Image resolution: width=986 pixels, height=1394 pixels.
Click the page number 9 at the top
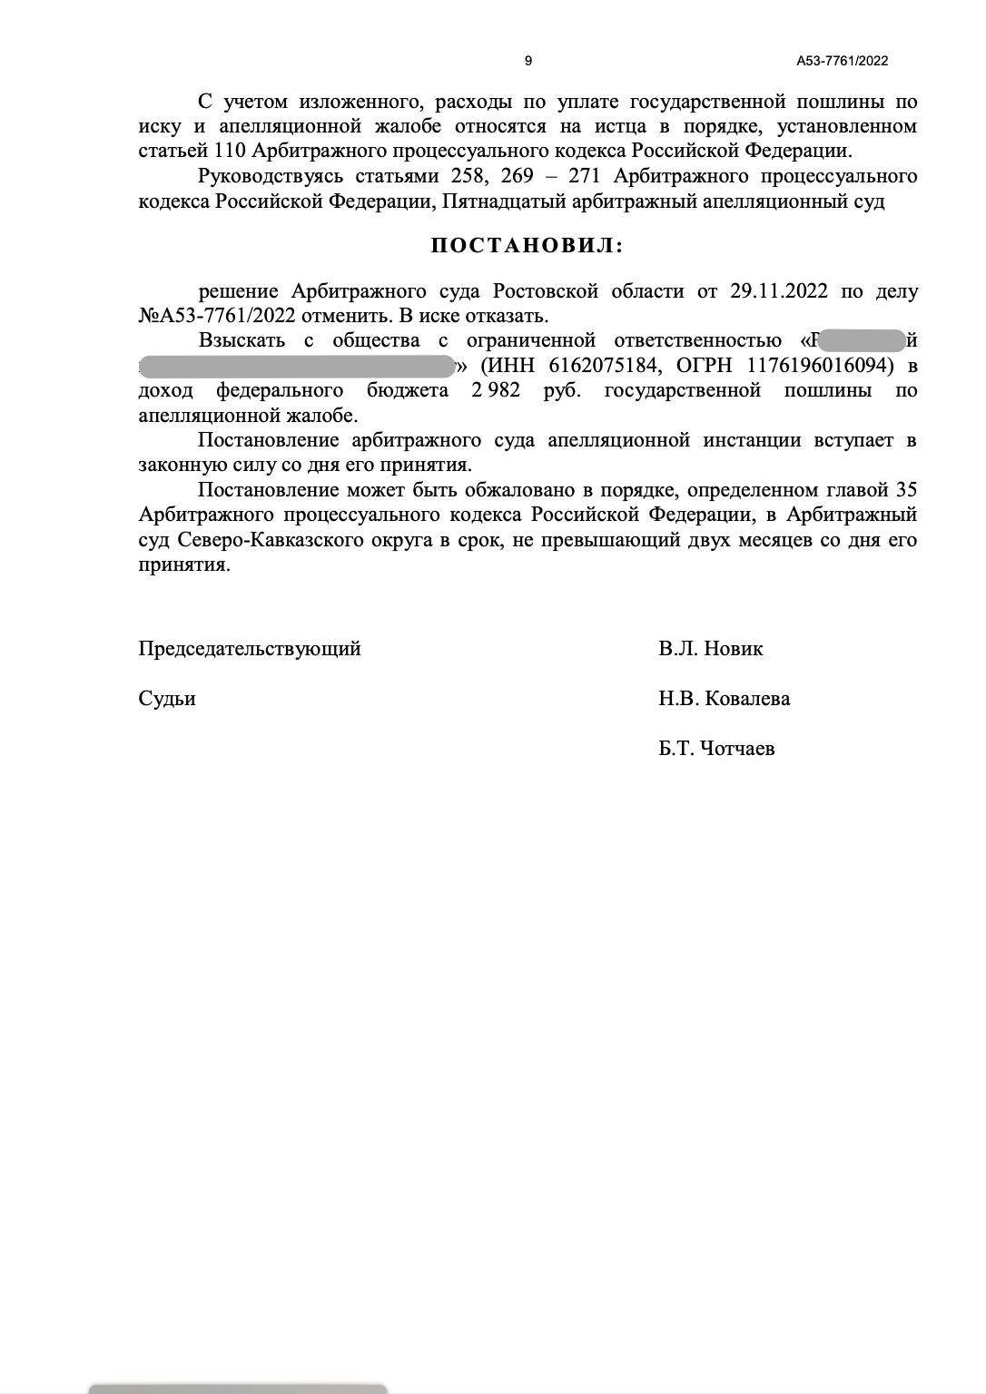(x=528, y=62)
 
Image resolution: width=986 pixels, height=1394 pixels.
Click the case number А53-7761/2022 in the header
(x=842, y=62)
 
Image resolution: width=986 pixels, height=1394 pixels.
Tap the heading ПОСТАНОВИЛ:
(x=527, y=246)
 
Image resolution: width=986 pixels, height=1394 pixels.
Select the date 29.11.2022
(x=778, y=292)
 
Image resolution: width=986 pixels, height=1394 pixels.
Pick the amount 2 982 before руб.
(x=495, y=391)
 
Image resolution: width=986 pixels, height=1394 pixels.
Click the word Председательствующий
(x=250, y=649)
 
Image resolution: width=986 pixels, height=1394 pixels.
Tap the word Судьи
(x=167, y=699)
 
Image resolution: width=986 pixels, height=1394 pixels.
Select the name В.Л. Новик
(x=711, y=649)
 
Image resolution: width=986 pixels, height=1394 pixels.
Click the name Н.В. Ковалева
(x=725, y=699)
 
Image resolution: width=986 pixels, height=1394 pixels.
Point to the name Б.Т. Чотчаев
(x=717, y=750)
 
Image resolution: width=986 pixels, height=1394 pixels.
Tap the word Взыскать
(x=242, y=341)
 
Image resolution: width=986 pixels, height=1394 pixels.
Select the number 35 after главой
(x=905, y=491)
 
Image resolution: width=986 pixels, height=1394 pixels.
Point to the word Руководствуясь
(x=271, y=176)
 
